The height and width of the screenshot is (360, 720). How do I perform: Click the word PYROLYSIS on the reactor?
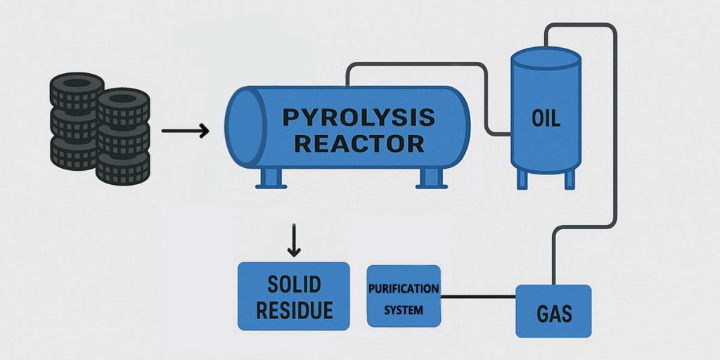coord(359,117)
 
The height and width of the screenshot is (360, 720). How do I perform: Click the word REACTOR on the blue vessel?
coord(359,143)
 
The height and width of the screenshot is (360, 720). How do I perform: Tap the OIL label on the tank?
coord(546,118)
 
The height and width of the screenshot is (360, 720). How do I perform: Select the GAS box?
coord(553,311)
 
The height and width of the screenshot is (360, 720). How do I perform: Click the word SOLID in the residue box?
coord(294,284)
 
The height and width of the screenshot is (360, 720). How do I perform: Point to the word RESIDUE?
coord(294,310)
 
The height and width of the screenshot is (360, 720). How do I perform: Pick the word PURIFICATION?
coord(404,289)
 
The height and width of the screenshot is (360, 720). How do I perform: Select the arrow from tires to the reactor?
coord(185,131)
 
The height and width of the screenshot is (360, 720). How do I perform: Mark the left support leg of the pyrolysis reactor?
coord(270,179)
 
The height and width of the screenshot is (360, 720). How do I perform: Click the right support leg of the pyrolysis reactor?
coord(430,179)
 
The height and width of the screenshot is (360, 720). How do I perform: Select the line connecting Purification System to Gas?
coord(478,297)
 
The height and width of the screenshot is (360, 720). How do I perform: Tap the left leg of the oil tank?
coord(522,179)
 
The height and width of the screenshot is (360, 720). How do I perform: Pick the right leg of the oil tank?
coord(571,179)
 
